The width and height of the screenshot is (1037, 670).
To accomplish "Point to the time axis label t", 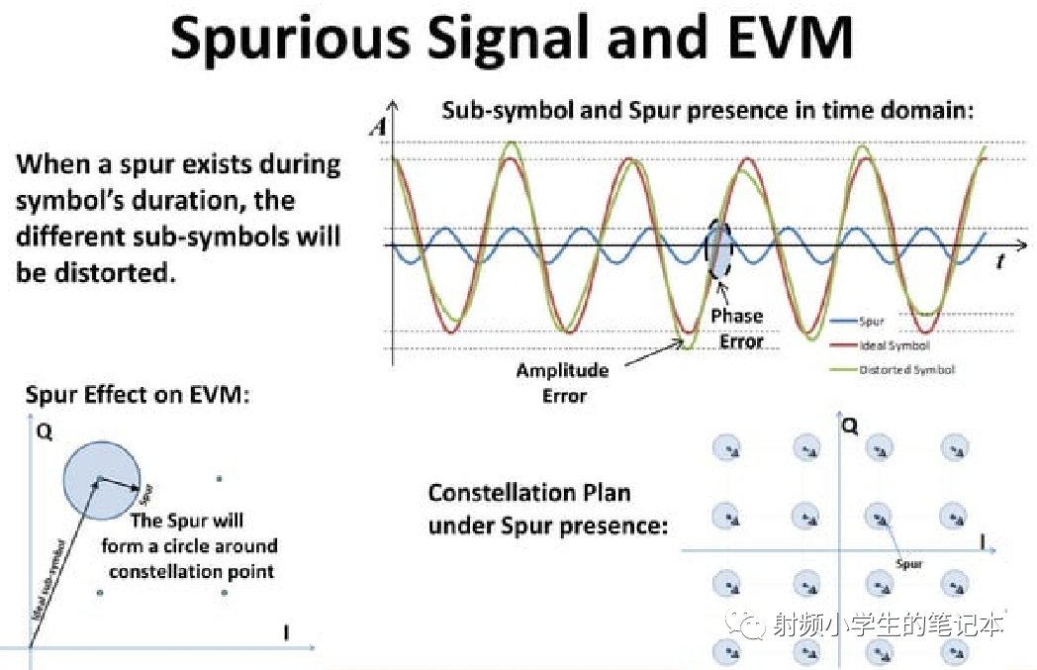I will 1000,262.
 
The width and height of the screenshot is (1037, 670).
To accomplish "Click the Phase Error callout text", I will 737,329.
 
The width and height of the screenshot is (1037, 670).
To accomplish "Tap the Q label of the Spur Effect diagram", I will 43,432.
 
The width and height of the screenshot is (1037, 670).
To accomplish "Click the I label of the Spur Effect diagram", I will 286,633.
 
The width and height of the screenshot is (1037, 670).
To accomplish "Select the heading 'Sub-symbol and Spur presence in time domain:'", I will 707,111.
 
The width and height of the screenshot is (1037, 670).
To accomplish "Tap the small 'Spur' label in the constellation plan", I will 909,564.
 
